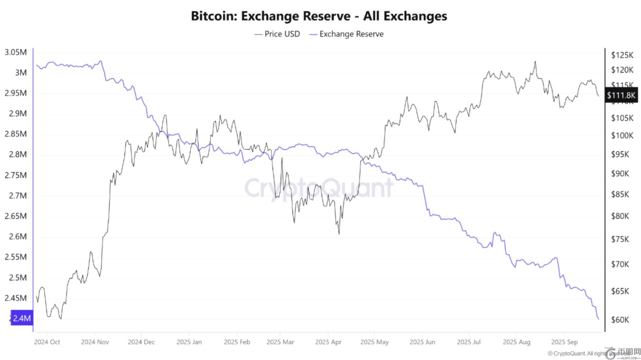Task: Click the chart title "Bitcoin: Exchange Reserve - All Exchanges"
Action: (319, 16)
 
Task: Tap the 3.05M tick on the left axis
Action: (15, 52)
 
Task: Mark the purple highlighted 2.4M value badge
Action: (22, 318)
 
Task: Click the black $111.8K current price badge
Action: (621, 95)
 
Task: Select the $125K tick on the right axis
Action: (622, 55)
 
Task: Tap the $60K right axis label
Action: (620, 320)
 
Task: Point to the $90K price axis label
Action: (620, 174)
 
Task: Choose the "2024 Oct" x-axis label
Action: (47, 342)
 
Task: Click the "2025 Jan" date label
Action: (189, 342)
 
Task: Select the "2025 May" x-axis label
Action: (374, 342)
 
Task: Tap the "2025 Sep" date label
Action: (564, 342)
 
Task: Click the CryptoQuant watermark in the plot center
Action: (319, 188)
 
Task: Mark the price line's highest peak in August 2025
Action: (535, 61)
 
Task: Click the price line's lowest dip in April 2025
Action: (339, 234)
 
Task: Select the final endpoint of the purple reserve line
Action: (598, 319)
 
